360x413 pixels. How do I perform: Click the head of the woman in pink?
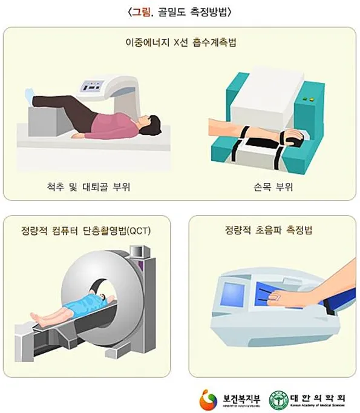pos(152,124)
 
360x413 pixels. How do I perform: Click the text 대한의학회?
pos(318,394)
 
